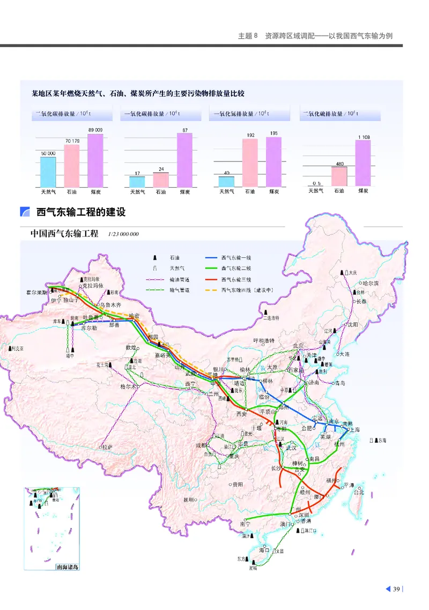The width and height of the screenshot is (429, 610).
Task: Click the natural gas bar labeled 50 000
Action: point(48,172)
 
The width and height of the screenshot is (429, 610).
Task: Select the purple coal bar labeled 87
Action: point(184,160)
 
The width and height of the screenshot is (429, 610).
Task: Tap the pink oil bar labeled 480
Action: point(339,176)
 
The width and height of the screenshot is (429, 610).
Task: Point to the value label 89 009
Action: point(95,130)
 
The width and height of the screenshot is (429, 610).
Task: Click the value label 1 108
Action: point(363,137)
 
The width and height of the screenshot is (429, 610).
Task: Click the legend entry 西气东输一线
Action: point(236,258)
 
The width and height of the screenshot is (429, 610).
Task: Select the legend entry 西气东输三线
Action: point(236,279)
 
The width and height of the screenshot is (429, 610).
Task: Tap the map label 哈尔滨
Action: point(370,283)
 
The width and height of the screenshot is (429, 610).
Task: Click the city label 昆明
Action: point(188,500)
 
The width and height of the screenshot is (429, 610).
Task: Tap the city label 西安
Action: point(242,414)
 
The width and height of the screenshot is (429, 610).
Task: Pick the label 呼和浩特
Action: point(264,340)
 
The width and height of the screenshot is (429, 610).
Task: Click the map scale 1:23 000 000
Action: point(123,234)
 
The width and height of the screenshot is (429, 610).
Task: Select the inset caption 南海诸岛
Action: point(67,567)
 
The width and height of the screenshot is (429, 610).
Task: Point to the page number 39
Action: point(397,590)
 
